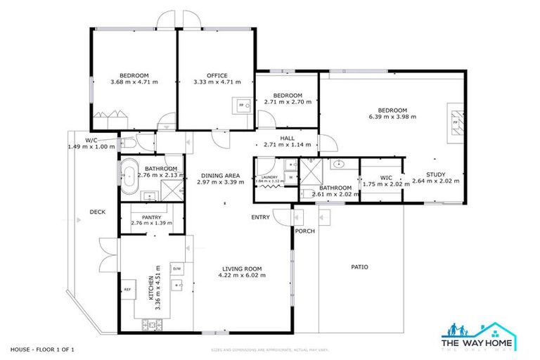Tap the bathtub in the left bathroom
click(129, 177)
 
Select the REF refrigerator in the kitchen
click(128, 289)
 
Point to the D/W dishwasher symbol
click(177, 269)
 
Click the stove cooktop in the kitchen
click(151, 324)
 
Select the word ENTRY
click(260, 217)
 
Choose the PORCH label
click(304, 231)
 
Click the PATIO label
click(359, 266)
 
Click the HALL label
click(287, 138)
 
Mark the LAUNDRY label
click(271, 176)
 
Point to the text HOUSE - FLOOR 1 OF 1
click(42, 349)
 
